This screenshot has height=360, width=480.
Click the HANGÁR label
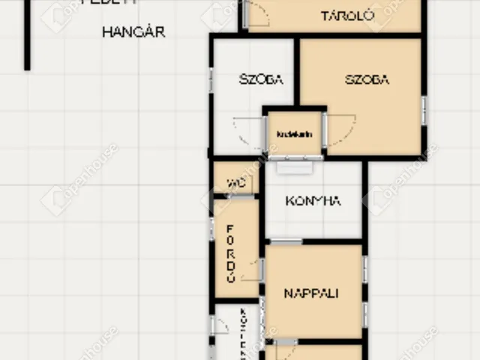pyautogui.click(x=133, y=32)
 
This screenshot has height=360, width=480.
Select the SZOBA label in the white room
pyautogui.click(x=261, y=79)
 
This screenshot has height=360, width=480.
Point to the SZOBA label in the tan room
pyautogui.click(x=367, y=79)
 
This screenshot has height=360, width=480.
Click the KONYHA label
pyautogui.click(x=313, y=200)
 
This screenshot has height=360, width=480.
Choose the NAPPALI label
pyautogui.click(x=310, y=293)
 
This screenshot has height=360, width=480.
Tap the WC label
pyautogui.click(x=236, y=182)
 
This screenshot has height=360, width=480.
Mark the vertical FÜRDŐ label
pyautogui.click(x=232, y=252)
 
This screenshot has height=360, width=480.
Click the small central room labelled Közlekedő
pyautogui.click(x=294, y=134)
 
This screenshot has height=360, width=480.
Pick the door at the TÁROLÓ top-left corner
pyautogui.click(x=255, y=13)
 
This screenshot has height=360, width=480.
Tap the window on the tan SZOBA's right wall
pyautogui.click(x=424, y=110)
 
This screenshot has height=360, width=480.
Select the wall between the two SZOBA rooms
pyautogui.click(x=297, y=71)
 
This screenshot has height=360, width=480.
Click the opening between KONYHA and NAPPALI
pyautogui.click(x=286, y=241)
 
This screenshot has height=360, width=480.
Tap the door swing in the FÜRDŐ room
pyautogui.click(x=256, y=268)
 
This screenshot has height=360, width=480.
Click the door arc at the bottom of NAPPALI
pyautogui.click(x=285, y=349)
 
